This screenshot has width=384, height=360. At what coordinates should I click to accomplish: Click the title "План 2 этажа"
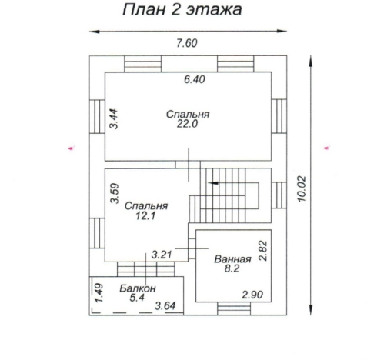[x=183, y=11]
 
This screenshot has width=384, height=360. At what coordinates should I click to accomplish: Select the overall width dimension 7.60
[x=187, y=43]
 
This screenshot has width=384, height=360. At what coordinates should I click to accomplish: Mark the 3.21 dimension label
[x=161, y=253]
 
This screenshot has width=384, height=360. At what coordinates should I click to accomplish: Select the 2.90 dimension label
[x=253, y=295]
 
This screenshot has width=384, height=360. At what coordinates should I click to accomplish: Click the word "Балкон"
[x=138, y=288]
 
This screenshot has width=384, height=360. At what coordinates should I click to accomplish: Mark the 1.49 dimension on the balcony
[x=99, y=292]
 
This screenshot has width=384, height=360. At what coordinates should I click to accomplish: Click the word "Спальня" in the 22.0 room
[x=188, y=114]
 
